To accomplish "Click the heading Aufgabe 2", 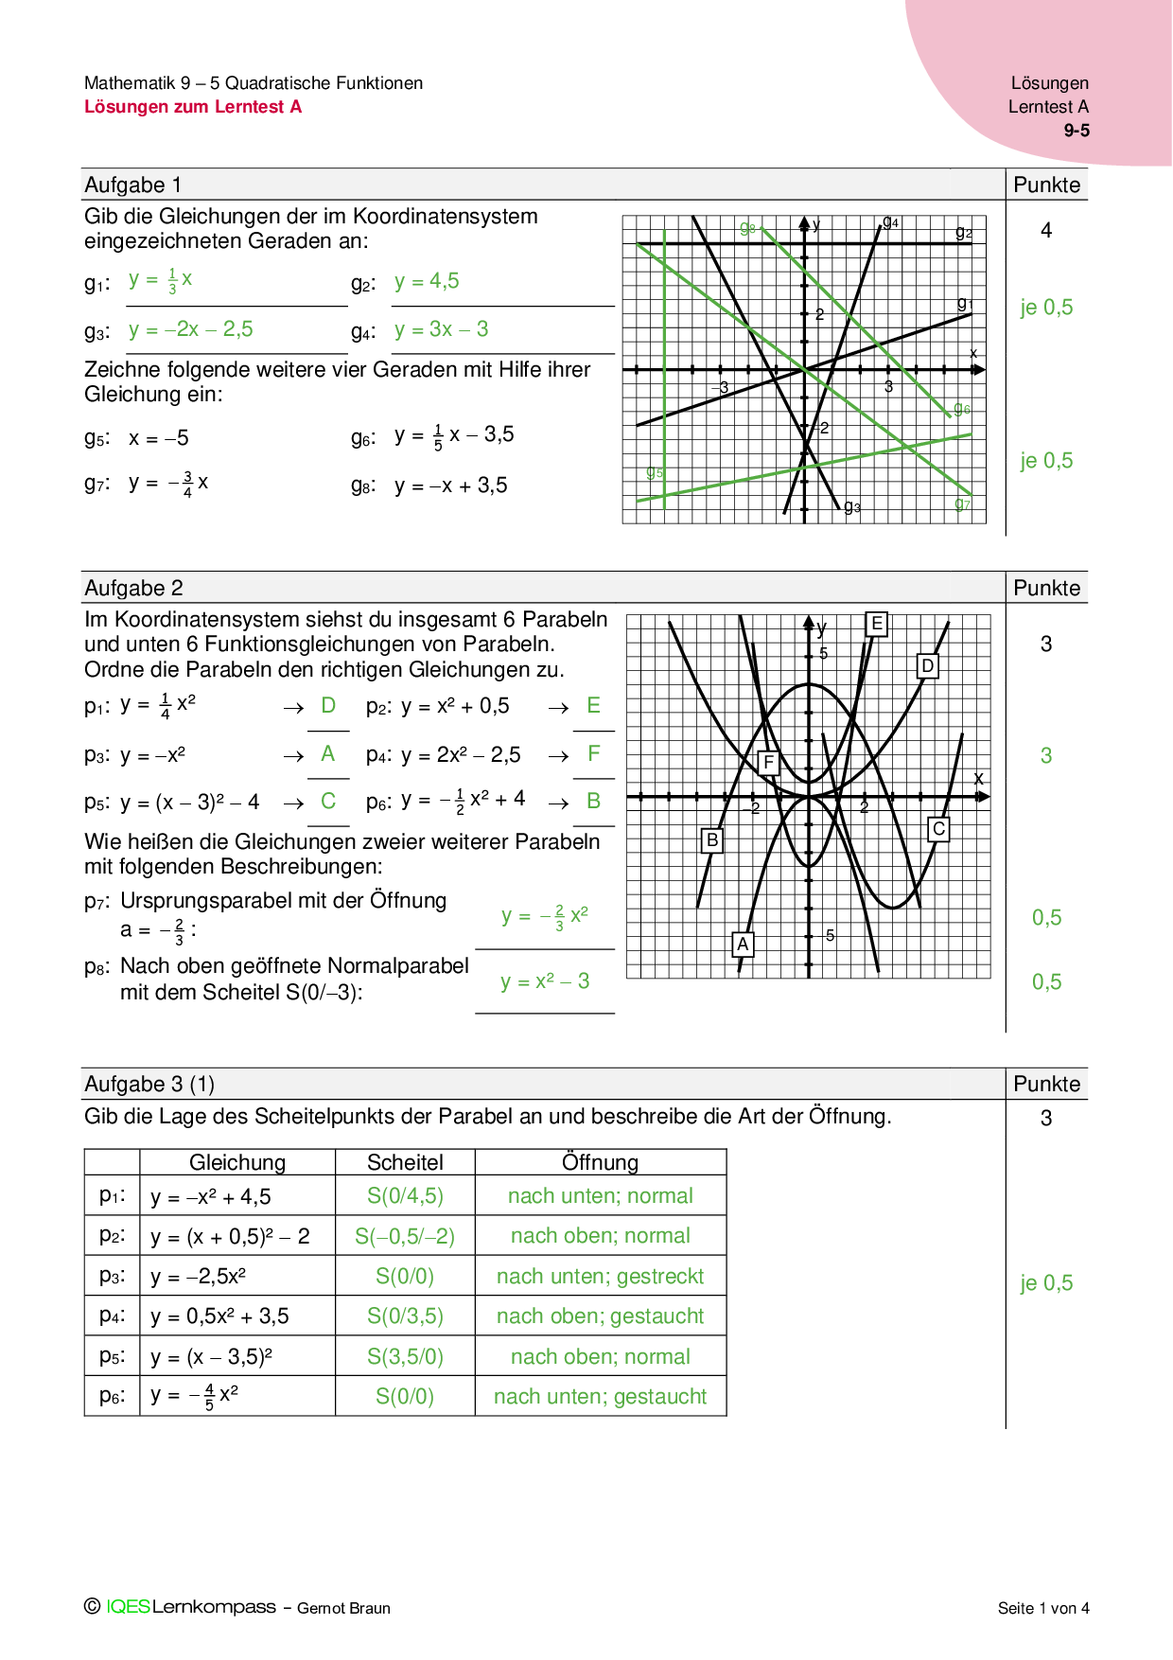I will point(133,588).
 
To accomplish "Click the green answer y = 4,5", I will point(427,281).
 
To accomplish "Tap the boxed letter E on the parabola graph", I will point(877,624).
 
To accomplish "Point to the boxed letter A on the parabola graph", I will point(743,944).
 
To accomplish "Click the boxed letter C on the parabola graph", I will point(938,829).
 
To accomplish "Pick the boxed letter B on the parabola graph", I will point(712,839).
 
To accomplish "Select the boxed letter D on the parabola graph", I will point(928,666).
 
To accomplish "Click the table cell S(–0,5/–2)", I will point(405,1236).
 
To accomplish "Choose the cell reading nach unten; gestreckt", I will point(600,1277).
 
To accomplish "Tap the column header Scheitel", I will point(405,1162).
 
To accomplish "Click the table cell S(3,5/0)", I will point(405,1357).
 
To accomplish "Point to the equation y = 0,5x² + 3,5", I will point(219,1316).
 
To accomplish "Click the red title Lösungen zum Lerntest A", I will point(193,107).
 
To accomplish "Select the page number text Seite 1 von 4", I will point(1042,1608).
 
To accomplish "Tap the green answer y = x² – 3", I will point(545,981).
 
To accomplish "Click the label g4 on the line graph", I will point(890,222).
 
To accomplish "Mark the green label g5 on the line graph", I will point(654,471).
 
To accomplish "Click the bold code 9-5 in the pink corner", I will point(1077,131).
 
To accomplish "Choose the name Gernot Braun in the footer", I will point(343,1608).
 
